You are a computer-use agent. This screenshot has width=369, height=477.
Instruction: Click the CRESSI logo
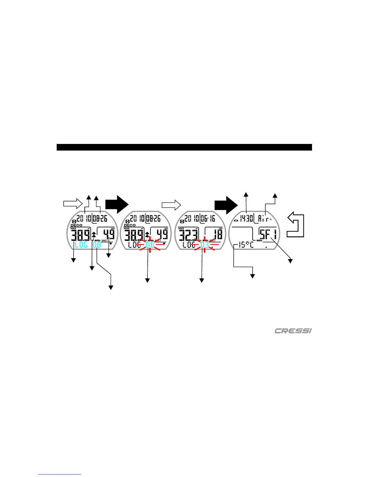(x=293, y=331)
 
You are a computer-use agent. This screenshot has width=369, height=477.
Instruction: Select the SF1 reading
(x=268, y=234)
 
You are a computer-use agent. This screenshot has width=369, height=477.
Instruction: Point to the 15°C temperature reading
(x=246, y=245)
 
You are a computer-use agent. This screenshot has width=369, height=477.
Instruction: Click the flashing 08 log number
(x=150, y=245)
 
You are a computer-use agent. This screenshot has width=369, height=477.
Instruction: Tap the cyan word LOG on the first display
(x=81, y=245)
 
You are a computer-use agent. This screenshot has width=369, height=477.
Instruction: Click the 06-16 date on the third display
(x=208, y=218)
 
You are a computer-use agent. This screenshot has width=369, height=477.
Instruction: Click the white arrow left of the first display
(x=73, y=204)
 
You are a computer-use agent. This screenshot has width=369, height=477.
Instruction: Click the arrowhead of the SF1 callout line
(x=291, y=261)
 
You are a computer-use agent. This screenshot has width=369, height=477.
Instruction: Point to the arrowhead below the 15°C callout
(x=253, y=276)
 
